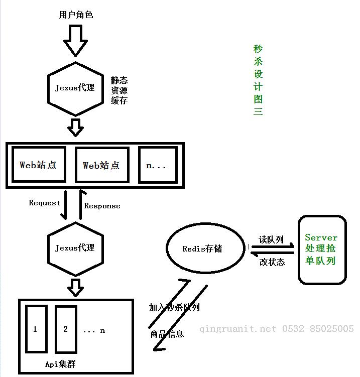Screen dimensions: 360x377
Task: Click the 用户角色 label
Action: tap(76, 15)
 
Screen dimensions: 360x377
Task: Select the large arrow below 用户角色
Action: tap(75, 40)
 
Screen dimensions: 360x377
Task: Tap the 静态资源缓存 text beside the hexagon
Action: tap(119, 90)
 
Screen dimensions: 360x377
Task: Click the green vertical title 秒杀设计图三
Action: tap(258, 80)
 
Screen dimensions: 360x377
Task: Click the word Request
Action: tap(44, 203)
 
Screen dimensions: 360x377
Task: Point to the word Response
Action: tap(102, 206)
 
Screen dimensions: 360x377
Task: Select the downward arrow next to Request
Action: tap(64, 205)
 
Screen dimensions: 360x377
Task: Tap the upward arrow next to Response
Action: tap(81, 204)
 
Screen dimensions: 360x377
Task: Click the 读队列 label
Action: tap(271, 239)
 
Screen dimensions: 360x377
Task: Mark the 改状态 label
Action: tap(272, 262)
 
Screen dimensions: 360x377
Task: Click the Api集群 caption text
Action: tap(60, 364)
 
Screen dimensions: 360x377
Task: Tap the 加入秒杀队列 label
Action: tap(174, 307)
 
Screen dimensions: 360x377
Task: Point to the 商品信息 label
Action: tap(167, 334)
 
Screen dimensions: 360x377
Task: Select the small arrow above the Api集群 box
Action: tap(75, 288)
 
